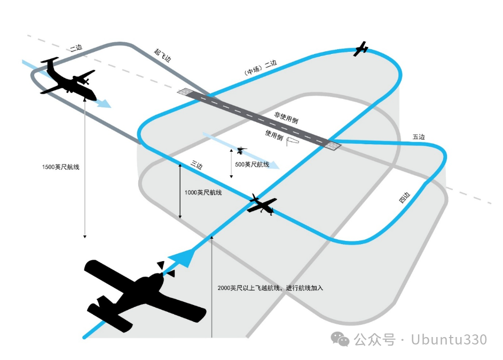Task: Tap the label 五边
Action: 419,137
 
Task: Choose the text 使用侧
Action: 273,135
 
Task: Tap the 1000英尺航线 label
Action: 203,192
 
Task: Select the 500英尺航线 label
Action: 252,165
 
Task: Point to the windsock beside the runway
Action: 293,141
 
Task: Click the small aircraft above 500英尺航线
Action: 241,151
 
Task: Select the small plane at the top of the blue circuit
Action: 362,49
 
